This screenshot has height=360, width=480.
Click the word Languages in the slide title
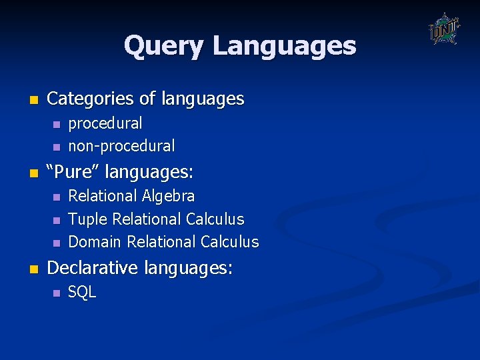pos(284,47)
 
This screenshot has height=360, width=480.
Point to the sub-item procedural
pos(105,123)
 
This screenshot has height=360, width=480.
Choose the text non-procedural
pos(122,146)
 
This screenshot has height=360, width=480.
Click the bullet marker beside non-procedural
pos(57,147)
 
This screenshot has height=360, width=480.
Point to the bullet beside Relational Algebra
pos(57,197)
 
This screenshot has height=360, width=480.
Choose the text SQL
pos(82,292)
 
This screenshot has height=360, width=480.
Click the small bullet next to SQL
pos(57,293)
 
